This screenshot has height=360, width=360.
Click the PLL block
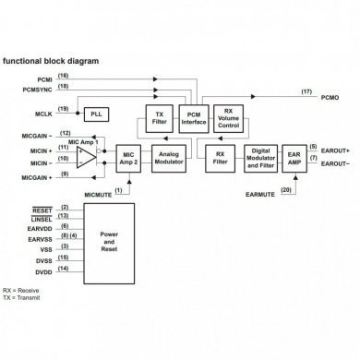[97, 113]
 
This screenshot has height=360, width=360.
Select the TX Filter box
[159, 117]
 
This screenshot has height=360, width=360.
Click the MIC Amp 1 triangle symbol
[87, 154]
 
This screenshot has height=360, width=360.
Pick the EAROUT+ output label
[334, 149]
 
